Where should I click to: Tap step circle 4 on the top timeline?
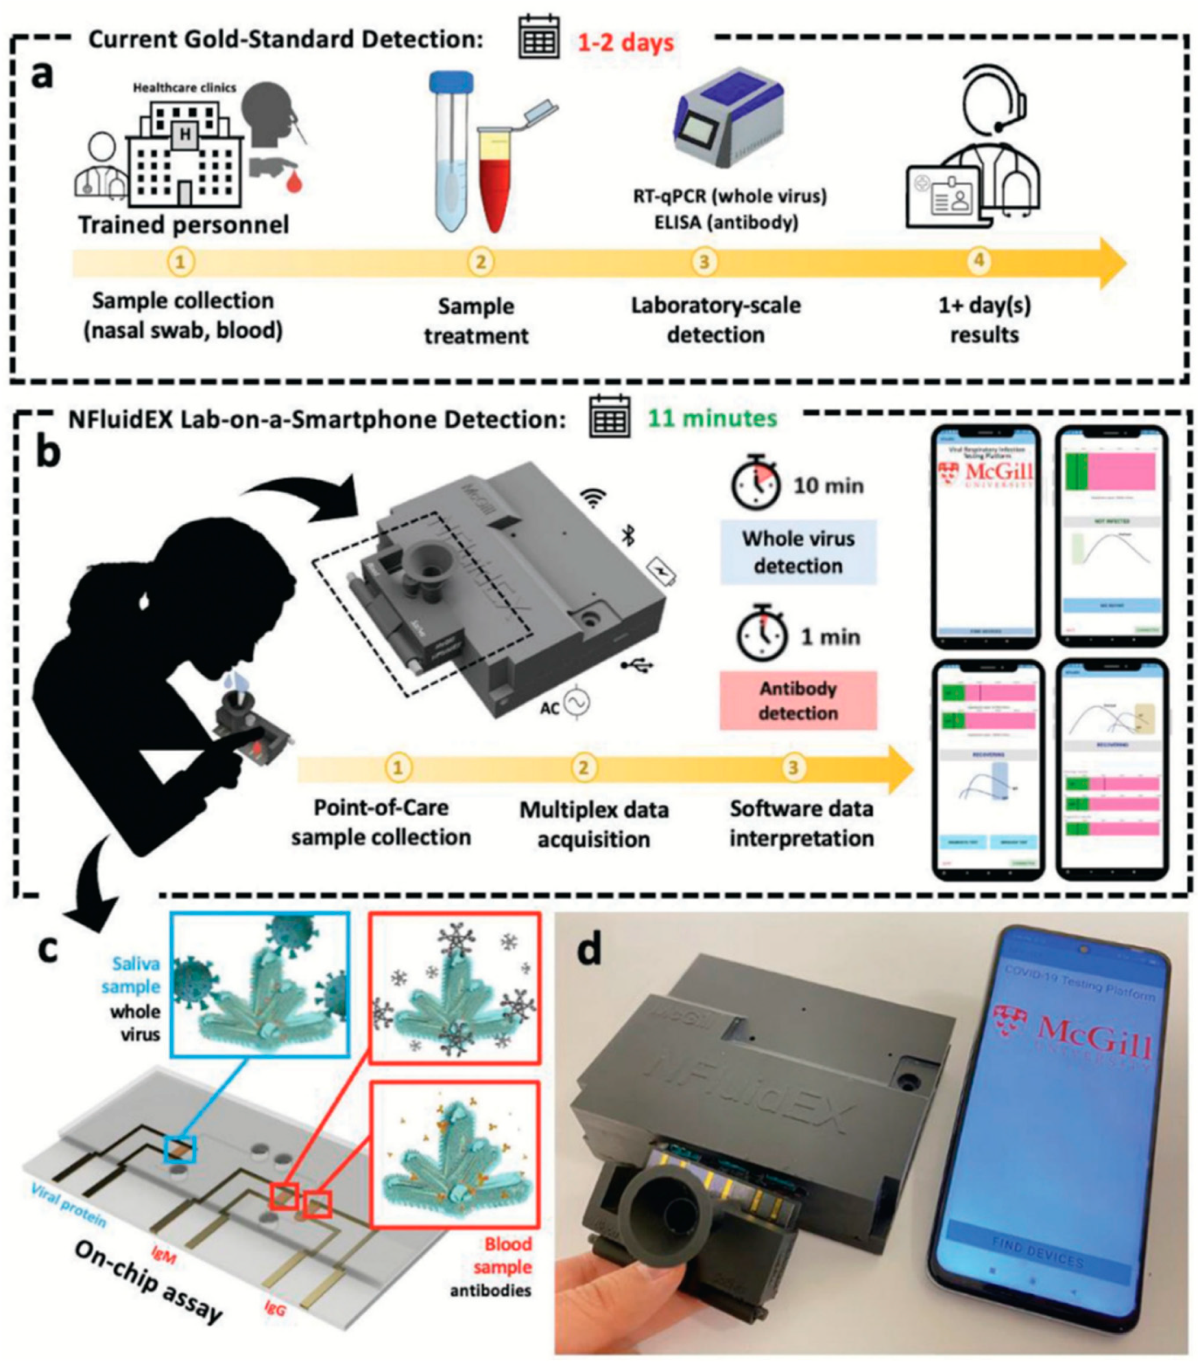point(979,261)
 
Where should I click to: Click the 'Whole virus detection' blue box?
point(798,552)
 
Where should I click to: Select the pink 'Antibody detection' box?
point(798,700)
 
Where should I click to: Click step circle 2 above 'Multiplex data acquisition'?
point(583,768)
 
